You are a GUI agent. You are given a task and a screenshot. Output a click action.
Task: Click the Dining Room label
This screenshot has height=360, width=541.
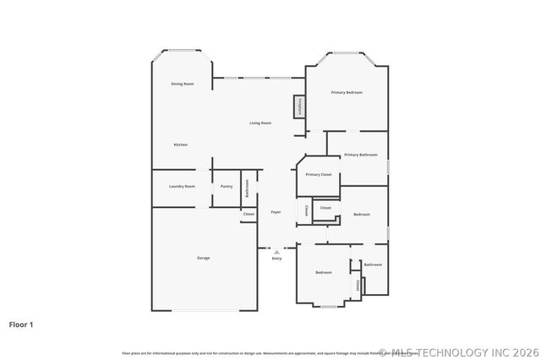pos(183,84)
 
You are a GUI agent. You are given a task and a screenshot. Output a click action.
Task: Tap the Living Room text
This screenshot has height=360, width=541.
pos(260,123)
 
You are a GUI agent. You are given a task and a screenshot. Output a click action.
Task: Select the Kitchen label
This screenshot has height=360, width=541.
pos(181,145)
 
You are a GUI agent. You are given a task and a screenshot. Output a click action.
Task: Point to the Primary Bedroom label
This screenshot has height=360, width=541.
pos(347,92)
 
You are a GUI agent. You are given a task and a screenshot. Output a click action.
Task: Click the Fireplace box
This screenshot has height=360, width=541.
pos(299,107)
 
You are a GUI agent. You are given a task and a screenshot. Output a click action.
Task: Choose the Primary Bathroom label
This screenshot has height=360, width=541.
pos(360,155)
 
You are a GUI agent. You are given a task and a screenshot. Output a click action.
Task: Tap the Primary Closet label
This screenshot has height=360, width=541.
pos(319,174)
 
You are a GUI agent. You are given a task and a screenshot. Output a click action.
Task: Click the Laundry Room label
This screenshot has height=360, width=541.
pos(182,186)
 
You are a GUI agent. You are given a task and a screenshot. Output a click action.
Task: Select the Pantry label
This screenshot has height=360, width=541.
pos(227,186)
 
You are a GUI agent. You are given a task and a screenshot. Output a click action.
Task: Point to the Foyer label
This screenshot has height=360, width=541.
pos(276,212)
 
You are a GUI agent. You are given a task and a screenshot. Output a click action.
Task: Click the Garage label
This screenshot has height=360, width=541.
pos(204,258)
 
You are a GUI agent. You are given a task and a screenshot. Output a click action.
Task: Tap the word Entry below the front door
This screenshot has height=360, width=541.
pos(276,258)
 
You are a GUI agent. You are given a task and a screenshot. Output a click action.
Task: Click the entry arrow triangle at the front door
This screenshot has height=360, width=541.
pos(276,251)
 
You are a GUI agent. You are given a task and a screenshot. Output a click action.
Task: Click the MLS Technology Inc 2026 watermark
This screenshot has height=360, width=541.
pos(460,352)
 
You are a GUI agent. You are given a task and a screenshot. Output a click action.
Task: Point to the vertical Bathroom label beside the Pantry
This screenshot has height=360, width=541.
pos(247,188)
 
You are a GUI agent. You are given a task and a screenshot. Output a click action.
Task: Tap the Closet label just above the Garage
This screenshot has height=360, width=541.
pos(249,215)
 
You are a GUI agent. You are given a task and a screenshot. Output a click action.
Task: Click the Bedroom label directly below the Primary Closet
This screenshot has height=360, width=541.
pos(362,215)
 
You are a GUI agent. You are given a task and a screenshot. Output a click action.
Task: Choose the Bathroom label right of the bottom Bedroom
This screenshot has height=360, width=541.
pos(373,265)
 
